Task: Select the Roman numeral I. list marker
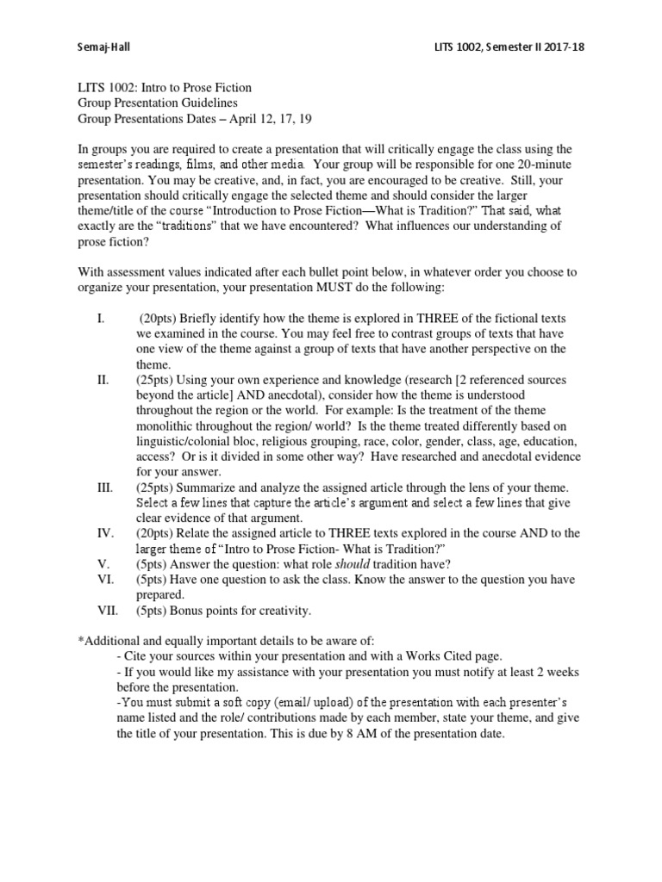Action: [x=101, y=319]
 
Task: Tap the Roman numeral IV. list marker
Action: [x=104, y=533]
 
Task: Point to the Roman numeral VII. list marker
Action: [x=107, y=611]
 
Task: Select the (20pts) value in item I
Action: [x=159, y=319]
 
